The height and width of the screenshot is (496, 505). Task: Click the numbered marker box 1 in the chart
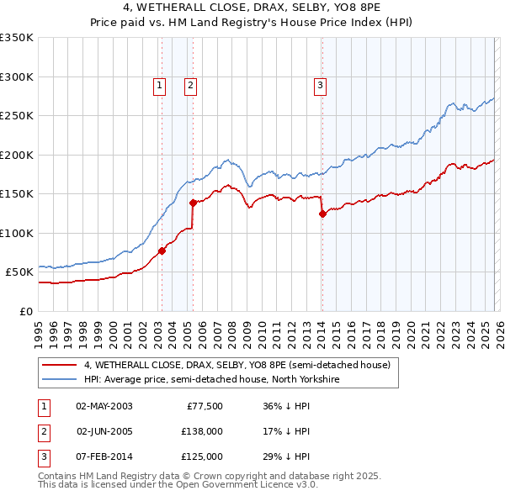click(x=160, y=84)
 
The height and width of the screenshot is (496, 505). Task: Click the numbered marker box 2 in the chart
click(x=191, y=84)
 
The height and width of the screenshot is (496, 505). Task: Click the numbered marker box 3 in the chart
click(x=321, y=84)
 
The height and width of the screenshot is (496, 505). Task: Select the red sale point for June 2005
click(x=193, y=203)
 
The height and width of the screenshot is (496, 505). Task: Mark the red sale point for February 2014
click(x=322, y=214)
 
